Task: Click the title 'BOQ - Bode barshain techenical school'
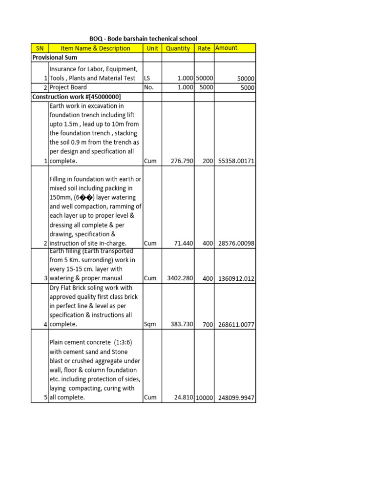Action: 143,39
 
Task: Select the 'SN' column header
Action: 40,48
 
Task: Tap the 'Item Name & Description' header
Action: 95,48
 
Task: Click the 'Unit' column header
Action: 152,48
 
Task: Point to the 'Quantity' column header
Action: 178,48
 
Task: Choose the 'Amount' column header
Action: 226,48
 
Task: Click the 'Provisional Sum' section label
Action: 55,58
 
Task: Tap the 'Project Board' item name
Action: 68,87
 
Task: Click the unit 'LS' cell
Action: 147,78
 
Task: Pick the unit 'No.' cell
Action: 149,87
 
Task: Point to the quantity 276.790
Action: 182,161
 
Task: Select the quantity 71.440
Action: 184,243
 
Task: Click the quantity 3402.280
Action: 180,278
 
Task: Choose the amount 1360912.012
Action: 235,278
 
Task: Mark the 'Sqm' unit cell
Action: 150,324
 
